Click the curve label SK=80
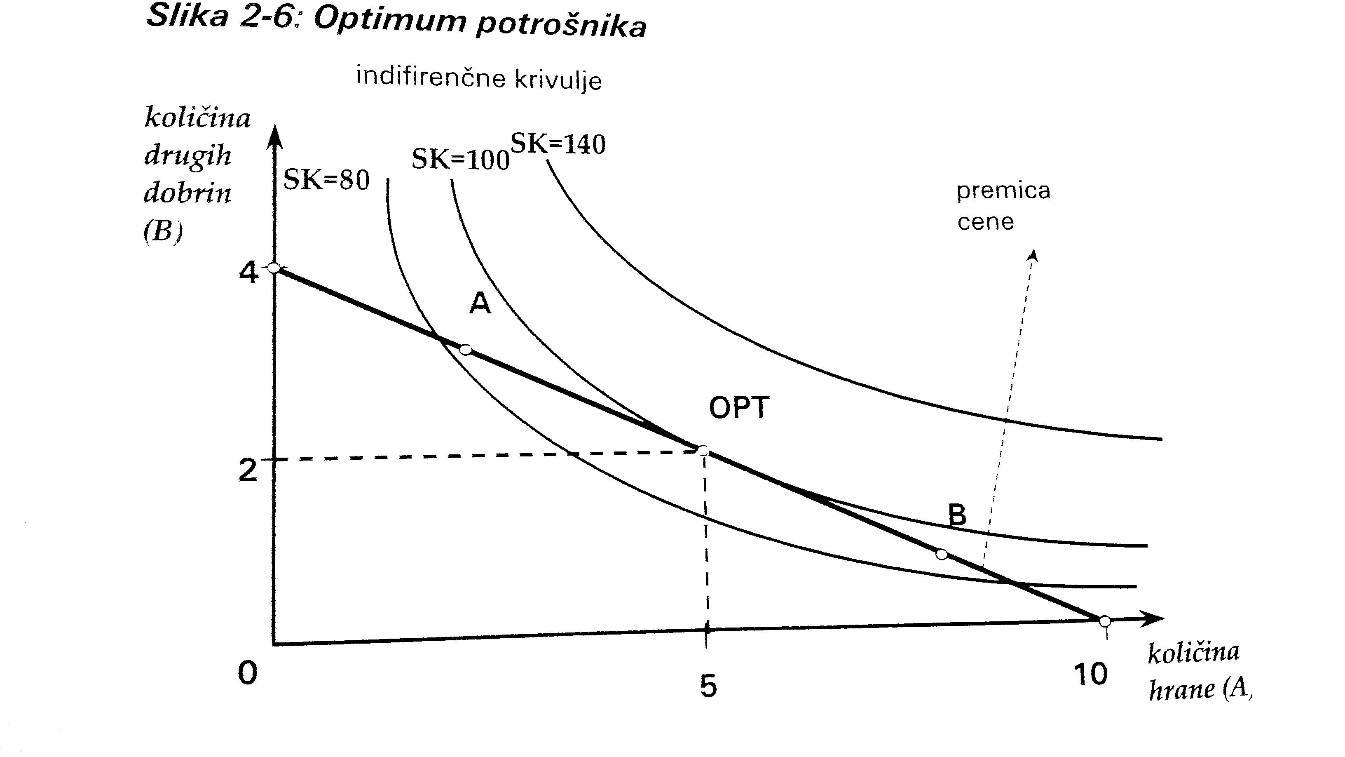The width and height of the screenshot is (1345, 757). pos(326,180)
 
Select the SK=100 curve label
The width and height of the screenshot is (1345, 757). pos(460,159)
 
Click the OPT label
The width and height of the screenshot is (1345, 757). pos(738,407)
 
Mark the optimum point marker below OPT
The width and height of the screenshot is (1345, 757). pos(703,450)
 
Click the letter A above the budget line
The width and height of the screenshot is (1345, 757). pos(480,303)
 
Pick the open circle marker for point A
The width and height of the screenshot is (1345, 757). pos(465,350)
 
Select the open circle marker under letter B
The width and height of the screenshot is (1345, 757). pos(941,554)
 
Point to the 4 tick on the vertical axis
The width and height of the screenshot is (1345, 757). pos(248,273)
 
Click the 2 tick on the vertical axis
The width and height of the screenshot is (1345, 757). pos(248,470)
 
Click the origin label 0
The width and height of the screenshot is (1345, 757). pos(248,673)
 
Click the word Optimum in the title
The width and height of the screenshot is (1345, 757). pos(389,21)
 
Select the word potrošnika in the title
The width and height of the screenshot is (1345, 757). pos(561,25)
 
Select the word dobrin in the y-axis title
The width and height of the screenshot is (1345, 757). pos(187,194)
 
